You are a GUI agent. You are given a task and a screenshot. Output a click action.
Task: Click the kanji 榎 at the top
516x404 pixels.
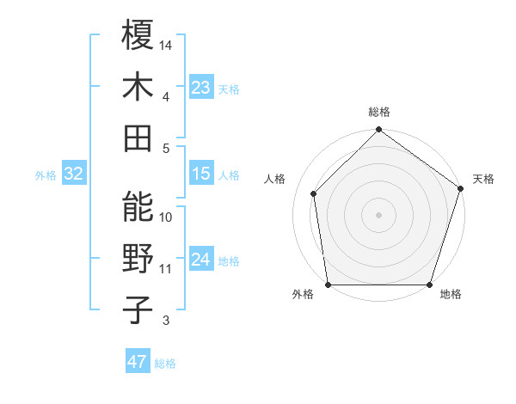tap(138, 35)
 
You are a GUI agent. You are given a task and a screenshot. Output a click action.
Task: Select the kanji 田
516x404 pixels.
tap(138, 137)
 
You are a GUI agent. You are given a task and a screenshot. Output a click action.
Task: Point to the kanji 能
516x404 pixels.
tap(138, 207)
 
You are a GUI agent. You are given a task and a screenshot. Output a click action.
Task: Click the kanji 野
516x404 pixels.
tap(138, 258)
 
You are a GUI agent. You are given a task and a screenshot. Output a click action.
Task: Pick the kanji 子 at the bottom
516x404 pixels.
tap(138, 309)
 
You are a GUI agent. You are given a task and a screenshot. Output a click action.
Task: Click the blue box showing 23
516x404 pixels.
tap(201, 87)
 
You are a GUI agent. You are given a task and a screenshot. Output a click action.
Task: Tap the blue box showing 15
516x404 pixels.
tap(201, 174)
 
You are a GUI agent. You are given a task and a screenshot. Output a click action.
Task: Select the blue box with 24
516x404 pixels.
tap(201, 260)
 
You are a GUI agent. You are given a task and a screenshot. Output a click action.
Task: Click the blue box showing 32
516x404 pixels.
tap(73, 174)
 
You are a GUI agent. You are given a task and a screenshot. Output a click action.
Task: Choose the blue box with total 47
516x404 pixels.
tap(138, 362)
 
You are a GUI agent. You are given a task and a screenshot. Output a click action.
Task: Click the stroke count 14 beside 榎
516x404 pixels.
tap(166, 44)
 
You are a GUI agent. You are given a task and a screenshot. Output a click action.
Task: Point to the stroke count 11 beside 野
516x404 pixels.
tap(166, 268)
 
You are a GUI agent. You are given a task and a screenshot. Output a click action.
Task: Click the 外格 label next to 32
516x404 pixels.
tap(46, 175)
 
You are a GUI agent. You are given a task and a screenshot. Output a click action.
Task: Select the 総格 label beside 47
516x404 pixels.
tap(165, 364)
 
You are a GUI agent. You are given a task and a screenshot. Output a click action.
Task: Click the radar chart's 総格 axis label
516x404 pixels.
tap(378, 113)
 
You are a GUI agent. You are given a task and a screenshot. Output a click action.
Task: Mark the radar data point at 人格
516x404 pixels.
tap(314, 193)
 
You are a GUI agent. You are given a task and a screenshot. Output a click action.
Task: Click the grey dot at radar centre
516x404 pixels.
tap(378, 214)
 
